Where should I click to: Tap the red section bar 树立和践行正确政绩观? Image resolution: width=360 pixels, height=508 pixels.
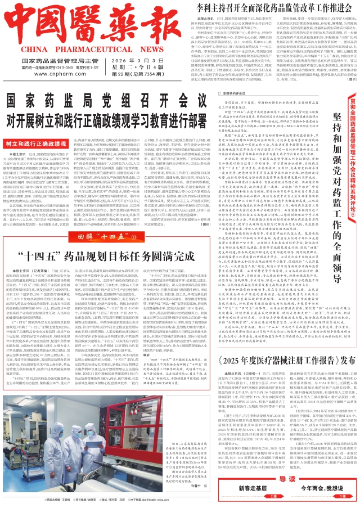[x=37, y=128]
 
